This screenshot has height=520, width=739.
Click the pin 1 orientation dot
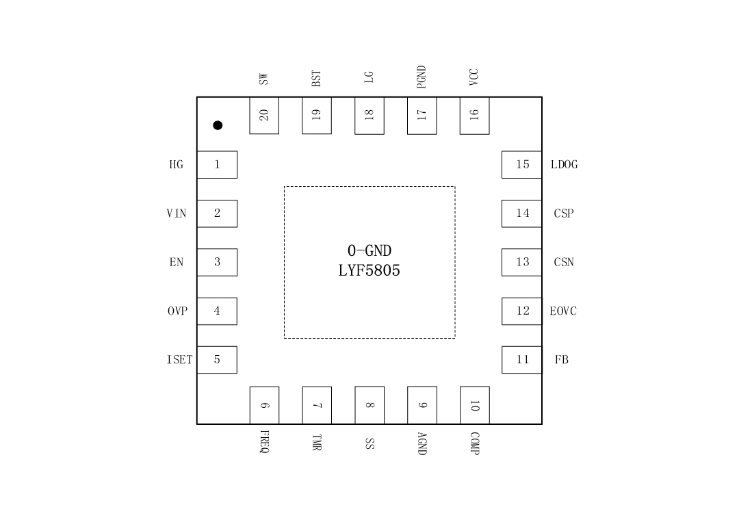[x=218, y=125]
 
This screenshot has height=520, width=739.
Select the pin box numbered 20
[x=264, y=115]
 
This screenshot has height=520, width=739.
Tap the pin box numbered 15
[x=522, y=165]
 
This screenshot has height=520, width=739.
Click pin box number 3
[x=217, y=262]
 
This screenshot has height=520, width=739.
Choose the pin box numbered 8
[x=369, y=405]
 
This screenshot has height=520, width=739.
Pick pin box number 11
[x=522, y=360]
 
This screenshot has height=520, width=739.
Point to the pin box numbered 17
[x=422, y=115]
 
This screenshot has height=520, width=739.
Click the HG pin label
[x=177, y=165]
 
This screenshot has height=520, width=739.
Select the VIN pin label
[x=177, y=213]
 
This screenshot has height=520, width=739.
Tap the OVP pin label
[x=177, y=311]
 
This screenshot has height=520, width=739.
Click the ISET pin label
[x=180, y=360]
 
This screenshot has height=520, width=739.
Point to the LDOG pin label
[x=564, y=165]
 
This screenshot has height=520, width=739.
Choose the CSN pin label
[x=564, y=262]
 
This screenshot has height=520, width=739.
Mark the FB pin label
[x=562, y=360]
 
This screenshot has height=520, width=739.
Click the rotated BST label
[x=316, y=78]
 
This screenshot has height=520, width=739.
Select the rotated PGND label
[x=422, y=77]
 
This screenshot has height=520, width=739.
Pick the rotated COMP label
[x=475, y=443]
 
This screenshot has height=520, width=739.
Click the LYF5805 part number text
[x=369, y=271]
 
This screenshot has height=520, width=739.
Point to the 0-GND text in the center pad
[x=369, y=251]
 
